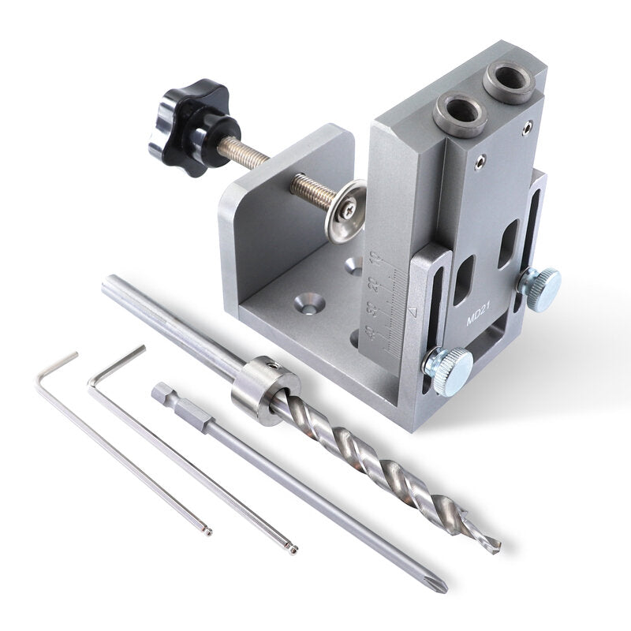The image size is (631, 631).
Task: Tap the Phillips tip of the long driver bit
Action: (442, 587)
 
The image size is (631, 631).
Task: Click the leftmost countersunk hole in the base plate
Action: (308, 301)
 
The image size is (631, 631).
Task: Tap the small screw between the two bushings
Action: (480, 162)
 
